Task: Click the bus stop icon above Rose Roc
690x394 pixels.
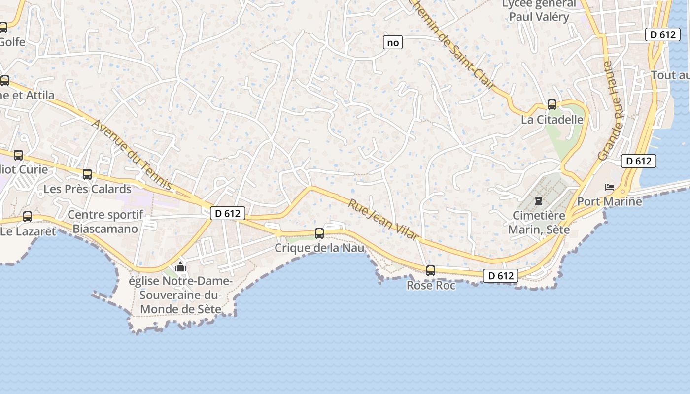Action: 431,270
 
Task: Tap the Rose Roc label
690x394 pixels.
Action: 431,285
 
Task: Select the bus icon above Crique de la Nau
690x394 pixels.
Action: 319,233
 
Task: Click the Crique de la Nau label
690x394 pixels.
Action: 319,248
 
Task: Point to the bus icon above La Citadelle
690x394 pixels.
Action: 552,105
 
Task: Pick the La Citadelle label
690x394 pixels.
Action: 552,120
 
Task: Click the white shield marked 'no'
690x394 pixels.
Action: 393,43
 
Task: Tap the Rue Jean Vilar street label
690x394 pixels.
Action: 384,220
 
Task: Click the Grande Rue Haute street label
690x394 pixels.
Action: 611,111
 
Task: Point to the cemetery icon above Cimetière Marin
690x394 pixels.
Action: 539,201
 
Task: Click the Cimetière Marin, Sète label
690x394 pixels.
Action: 539,223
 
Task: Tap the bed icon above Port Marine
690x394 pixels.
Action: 610,187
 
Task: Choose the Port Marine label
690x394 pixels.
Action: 610,201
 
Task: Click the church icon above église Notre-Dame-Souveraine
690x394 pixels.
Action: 180,267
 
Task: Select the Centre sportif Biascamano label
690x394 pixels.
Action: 105,222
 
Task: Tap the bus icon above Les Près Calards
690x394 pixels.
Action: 87,174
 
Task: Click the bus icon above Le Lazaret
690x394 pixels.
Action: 28,216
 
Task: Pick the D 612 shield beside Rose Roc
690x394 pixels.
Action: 501,276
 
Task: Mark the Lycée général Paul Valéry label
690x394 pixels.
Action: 539,10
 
